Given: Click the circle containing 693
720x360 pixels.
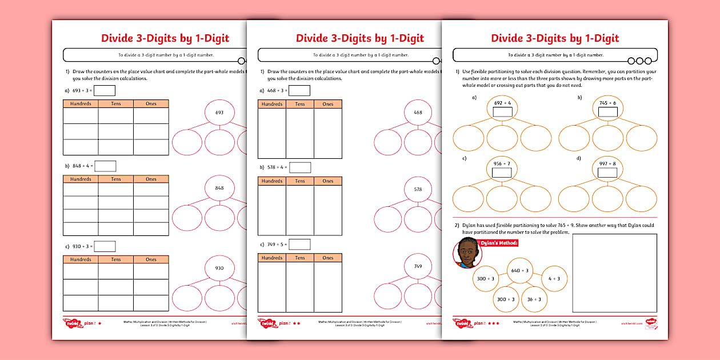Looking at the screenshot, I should point(219,113).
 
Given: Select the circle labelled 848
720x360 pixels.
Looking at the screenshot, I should point(219,188).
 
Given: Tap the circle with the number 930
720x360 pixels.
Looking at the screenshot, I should point(219,268).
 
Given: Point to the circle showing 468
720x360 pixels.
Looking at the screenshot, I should point(418,113).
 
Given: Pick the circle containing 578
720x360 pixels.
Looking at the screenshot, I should point(418,189).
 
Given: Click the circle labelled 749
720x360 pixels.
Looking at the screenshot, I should point(418,266).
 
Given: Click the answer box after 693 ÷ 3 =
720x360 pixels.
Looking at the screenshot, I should point(105,90).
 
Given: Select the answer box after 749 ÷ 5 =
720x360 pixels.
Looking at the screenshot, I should point(299,244).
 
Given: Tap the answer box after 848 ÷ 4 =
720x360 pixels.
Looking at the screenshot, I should point(105,166).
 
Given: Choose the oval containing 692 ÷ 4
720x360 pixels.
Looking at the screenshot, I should point(502,107).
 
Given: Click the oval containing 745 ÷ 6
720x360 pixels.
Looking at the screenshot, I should point(607,107).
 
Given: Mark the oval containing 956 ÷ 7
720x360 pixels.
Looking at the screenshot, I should point(502,168).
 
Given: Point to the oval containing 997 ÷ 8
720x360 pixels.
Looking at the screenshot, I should point(607,168).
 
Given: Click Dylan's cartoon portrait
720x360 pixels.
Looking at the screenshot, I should point(467,253).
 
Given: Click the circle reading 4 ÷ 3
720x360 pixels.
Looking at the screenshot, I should point(554,278).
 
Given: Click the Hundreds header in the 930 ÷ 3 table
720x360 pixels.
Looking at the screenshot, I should point(81,259).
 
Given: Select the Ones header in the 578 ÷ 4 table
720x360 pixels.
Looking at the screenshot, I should point(328,181).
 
